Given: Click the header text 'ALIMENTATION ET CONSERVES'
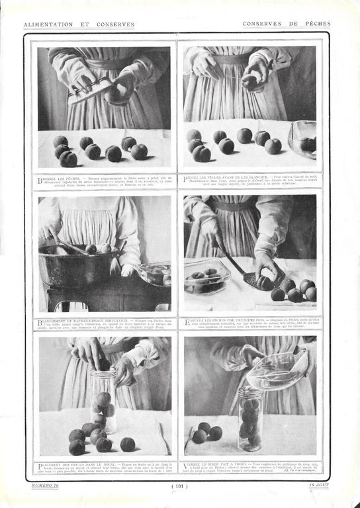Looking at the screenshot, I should [x=79, y=24].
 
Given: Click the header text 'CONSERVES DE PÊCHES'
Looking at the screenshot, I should [x=285, y=24].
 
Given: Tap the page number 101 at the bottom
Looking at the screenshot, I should [x=180, y=486].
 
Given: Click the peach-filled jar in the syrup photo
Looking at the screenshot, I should [x=250, y=420].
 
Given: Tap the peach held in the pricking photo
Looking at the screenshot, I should [x=250, y=81].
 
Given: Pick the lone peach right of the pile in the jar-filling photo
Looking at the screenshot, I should [x=127, y=443].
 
